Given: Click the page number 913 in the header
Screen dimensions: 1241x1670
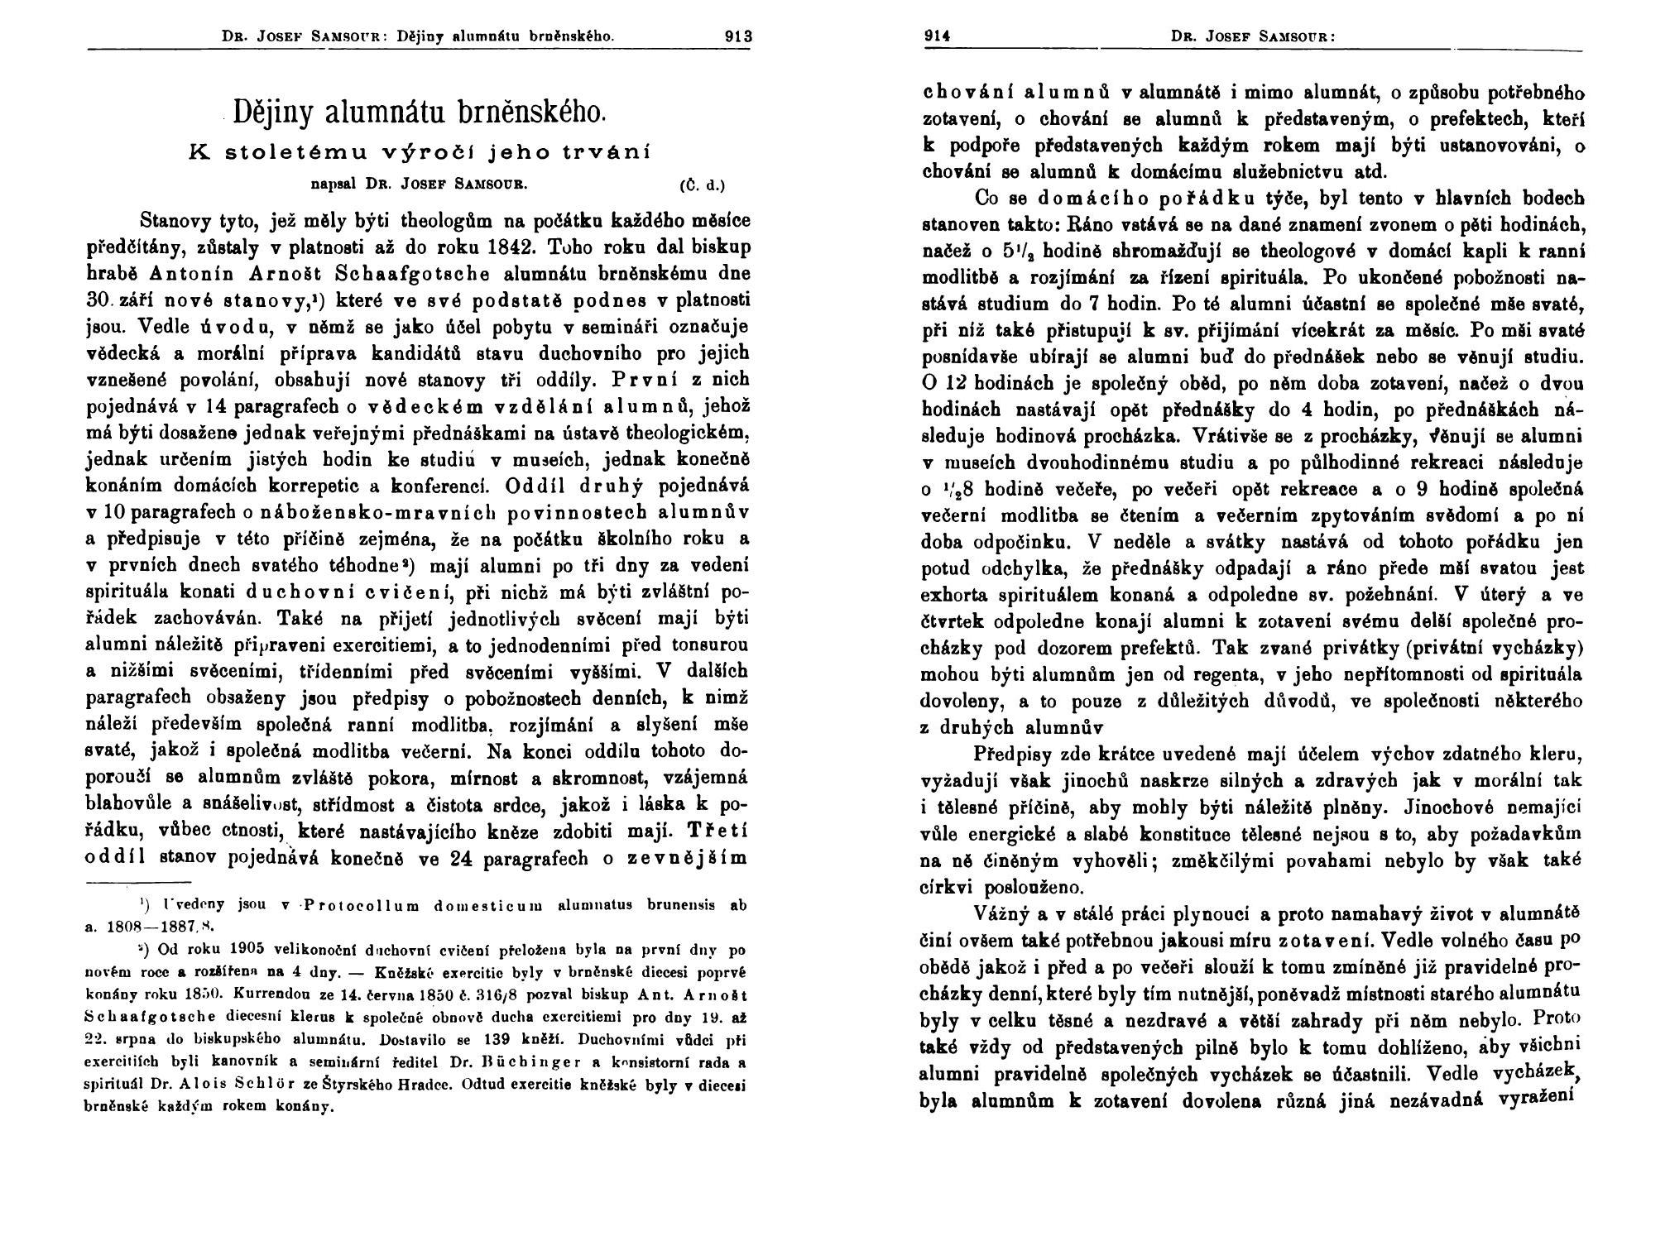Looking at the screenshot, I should pyautogui.click(x=737, y=36).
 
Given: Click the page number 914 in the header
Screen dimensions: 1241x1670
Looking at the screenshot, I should pyautogui.click(x=937, y=36).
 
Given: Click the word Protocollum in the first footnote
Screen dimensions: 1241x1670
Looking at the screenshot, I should pyautogui.click(x=362, y=904).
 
